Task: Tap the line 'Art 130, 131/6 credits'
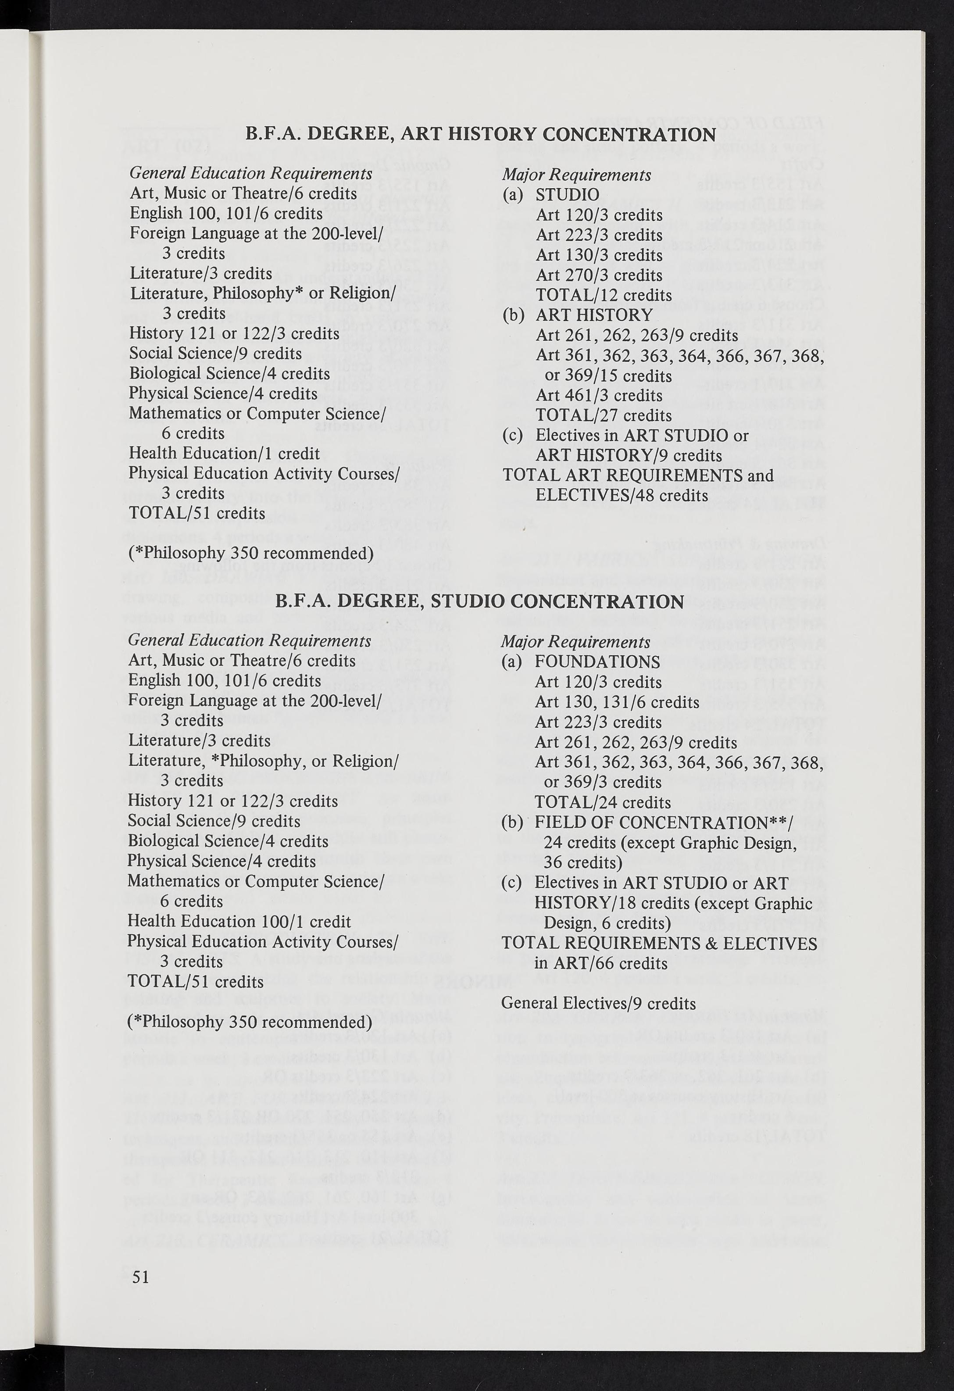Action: [x=616, y=702]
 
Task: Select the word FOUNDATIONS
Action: [x=597, y=662]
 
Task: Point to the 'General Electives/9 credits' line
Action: [x=598, y=1003]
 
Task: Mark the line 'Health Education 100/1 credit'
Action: [x=239, y=922]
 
